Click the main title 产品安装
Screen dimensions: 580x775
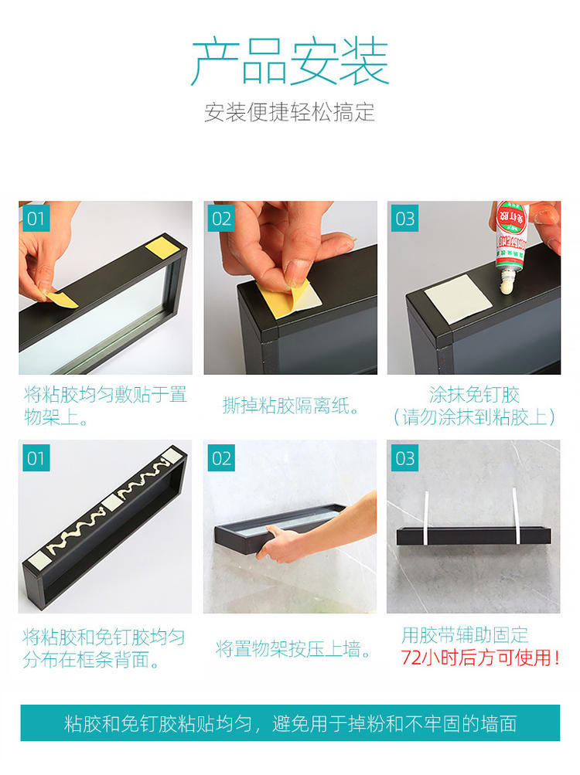tap(290, 61)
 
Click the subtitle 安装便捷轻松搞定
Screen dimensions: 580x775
tap(289, 112)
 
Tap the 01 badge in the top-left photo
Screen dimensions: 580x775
tap(36, 219)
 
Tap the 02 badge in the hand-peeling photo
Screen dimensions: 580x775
tap(221, 219)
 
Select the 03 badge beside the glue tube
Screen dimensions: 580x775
tap(404, 219)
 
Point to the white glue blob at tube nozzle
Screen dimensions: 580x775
tap(507, 284)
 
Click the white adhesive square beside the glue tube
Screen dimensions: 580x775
tap(458, 299)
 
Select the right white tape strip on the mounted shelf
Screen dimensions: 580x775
tap(516, 516)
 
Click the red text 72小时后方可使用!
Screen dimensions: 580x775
tap(480, 658)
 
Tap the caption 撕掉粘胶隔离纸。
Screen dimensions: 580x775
tap(292, 406)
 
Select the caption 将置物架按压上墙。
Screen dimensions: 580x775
tap(294, 649)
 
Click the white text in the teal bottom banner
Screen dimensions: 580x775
tap(291, 723)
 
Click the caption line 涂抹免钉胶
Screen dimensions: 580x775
tap(473, 395)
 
